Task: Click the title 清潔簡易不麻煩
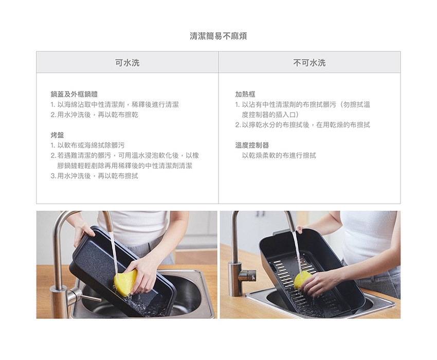click(x=218, y=36)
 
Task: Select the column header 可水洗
click(x=128, y=63)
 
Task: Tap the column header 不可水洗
click(x=309, y=63)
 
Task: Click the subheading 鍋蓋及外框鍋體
click(x=74, y=94)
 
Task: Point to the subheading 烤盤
click(x=57, y=135)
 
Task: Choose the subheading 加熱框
click(x=245, y=94)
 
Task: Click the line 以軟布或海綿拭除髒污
click(x=87, y=145)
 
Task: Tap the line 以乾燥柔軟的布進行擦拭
click(x=279, y=156)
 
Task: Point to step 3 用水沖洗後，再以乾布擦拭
click(x=94, y=176)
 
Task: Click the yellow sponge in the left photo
click(x=125, y=282)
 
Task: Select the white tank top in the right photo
click(x=369, y=240)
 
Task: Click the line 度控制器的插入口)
click(x=270, y=115)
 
